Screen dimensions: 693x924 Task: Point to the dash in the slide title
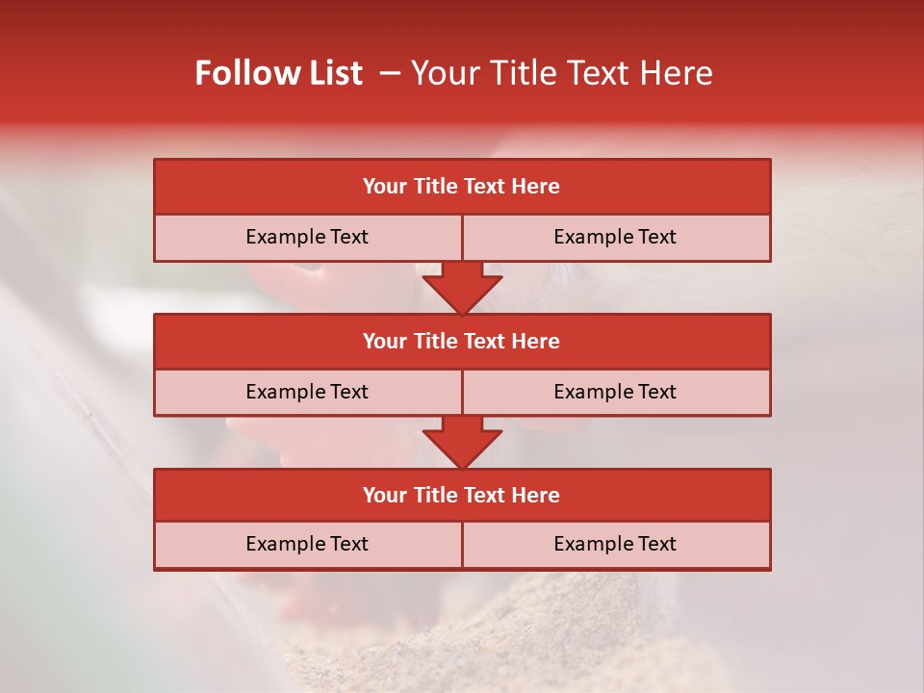point(389,73)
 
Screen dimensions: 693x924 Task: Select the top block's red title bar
point(462,187)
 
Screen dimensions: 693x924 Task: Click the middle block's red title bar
point(462,342)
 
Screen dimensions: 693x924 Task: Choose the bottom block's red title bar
point(462,496)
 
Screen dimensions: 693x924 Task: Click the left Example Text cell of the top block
point(307,238)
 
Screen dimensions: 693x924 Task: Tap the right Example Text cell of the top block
point(616,238)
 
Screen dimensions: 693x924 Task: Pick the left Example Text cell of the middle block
point(307,393)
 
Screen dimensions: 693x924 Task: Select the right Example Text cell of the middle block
point(616,393)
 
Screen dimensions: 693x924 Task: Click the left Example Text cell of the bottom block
point(307,545)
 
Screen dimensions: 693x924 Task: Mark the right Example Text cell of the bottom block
point(616,545)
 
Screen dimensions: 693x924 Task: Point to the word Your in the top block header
point(385,187)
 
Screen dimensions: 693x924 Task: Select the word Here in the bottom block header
point(535,496)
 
